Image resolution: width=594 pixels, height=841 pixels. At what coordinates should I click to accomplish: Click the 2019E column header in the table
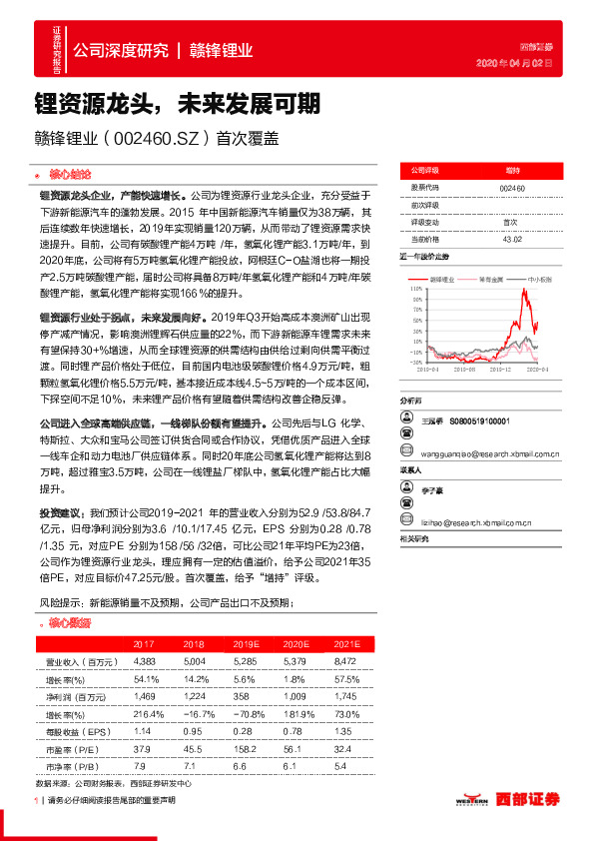point(242,644)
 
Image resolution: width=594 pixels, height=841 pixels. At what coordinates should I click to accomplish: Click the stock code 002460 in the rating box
point(511,188)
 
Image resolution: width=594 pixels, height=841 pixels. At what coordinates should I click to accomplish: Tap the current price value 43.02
point(511,240)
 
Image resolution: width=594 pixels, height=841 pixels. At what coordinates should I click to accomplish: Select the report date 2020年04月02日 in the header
point(519,64)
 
